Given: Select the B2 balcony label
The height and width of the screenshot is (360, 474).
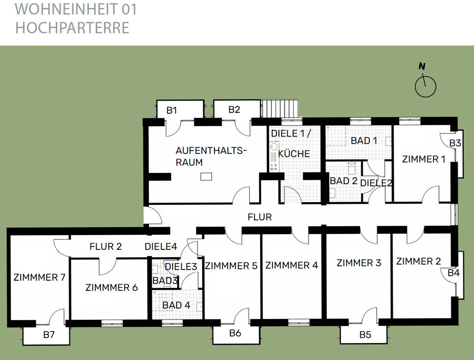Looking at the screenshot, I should (234, 109).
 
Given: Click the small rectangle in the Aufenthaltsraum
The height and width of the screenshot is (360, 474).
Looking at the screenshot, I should (206, 176).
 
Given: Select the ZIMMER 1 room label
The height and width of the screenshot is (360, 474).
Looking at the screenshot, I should (423, 159).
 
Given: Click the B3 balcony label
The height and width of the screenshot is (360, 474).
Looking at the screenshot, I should (455, 143).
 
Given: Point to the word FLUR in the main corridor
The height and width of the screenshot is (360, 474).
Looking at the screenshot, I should (260, 217).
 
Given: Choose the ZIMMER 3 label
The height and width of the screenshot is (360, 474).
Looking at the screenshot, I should (359, 262).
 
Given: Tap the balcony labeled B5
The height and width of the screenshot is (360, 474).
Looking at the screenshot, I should (365, 335).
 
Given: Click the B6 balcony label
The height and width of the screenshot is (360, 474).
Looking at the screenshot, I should (235, 333).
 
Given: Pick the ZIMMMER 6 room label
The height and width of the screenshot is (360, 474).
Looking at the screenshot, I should (111, 287).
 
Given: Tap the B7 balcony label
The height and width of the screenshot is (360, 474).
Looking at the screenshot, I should (49, 335).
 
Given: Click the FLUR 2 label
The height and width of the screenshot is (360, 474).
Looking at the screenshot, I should (105, 247).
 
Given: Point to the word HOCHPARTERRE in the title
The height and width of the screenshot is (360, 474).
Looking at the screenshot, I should (72, 28).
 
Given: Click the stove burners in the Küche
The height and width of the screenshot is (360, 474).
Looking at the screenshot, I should (273, 167).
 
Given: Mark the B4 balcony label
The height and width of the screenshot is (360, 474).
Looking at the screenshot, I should (453, 272).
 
